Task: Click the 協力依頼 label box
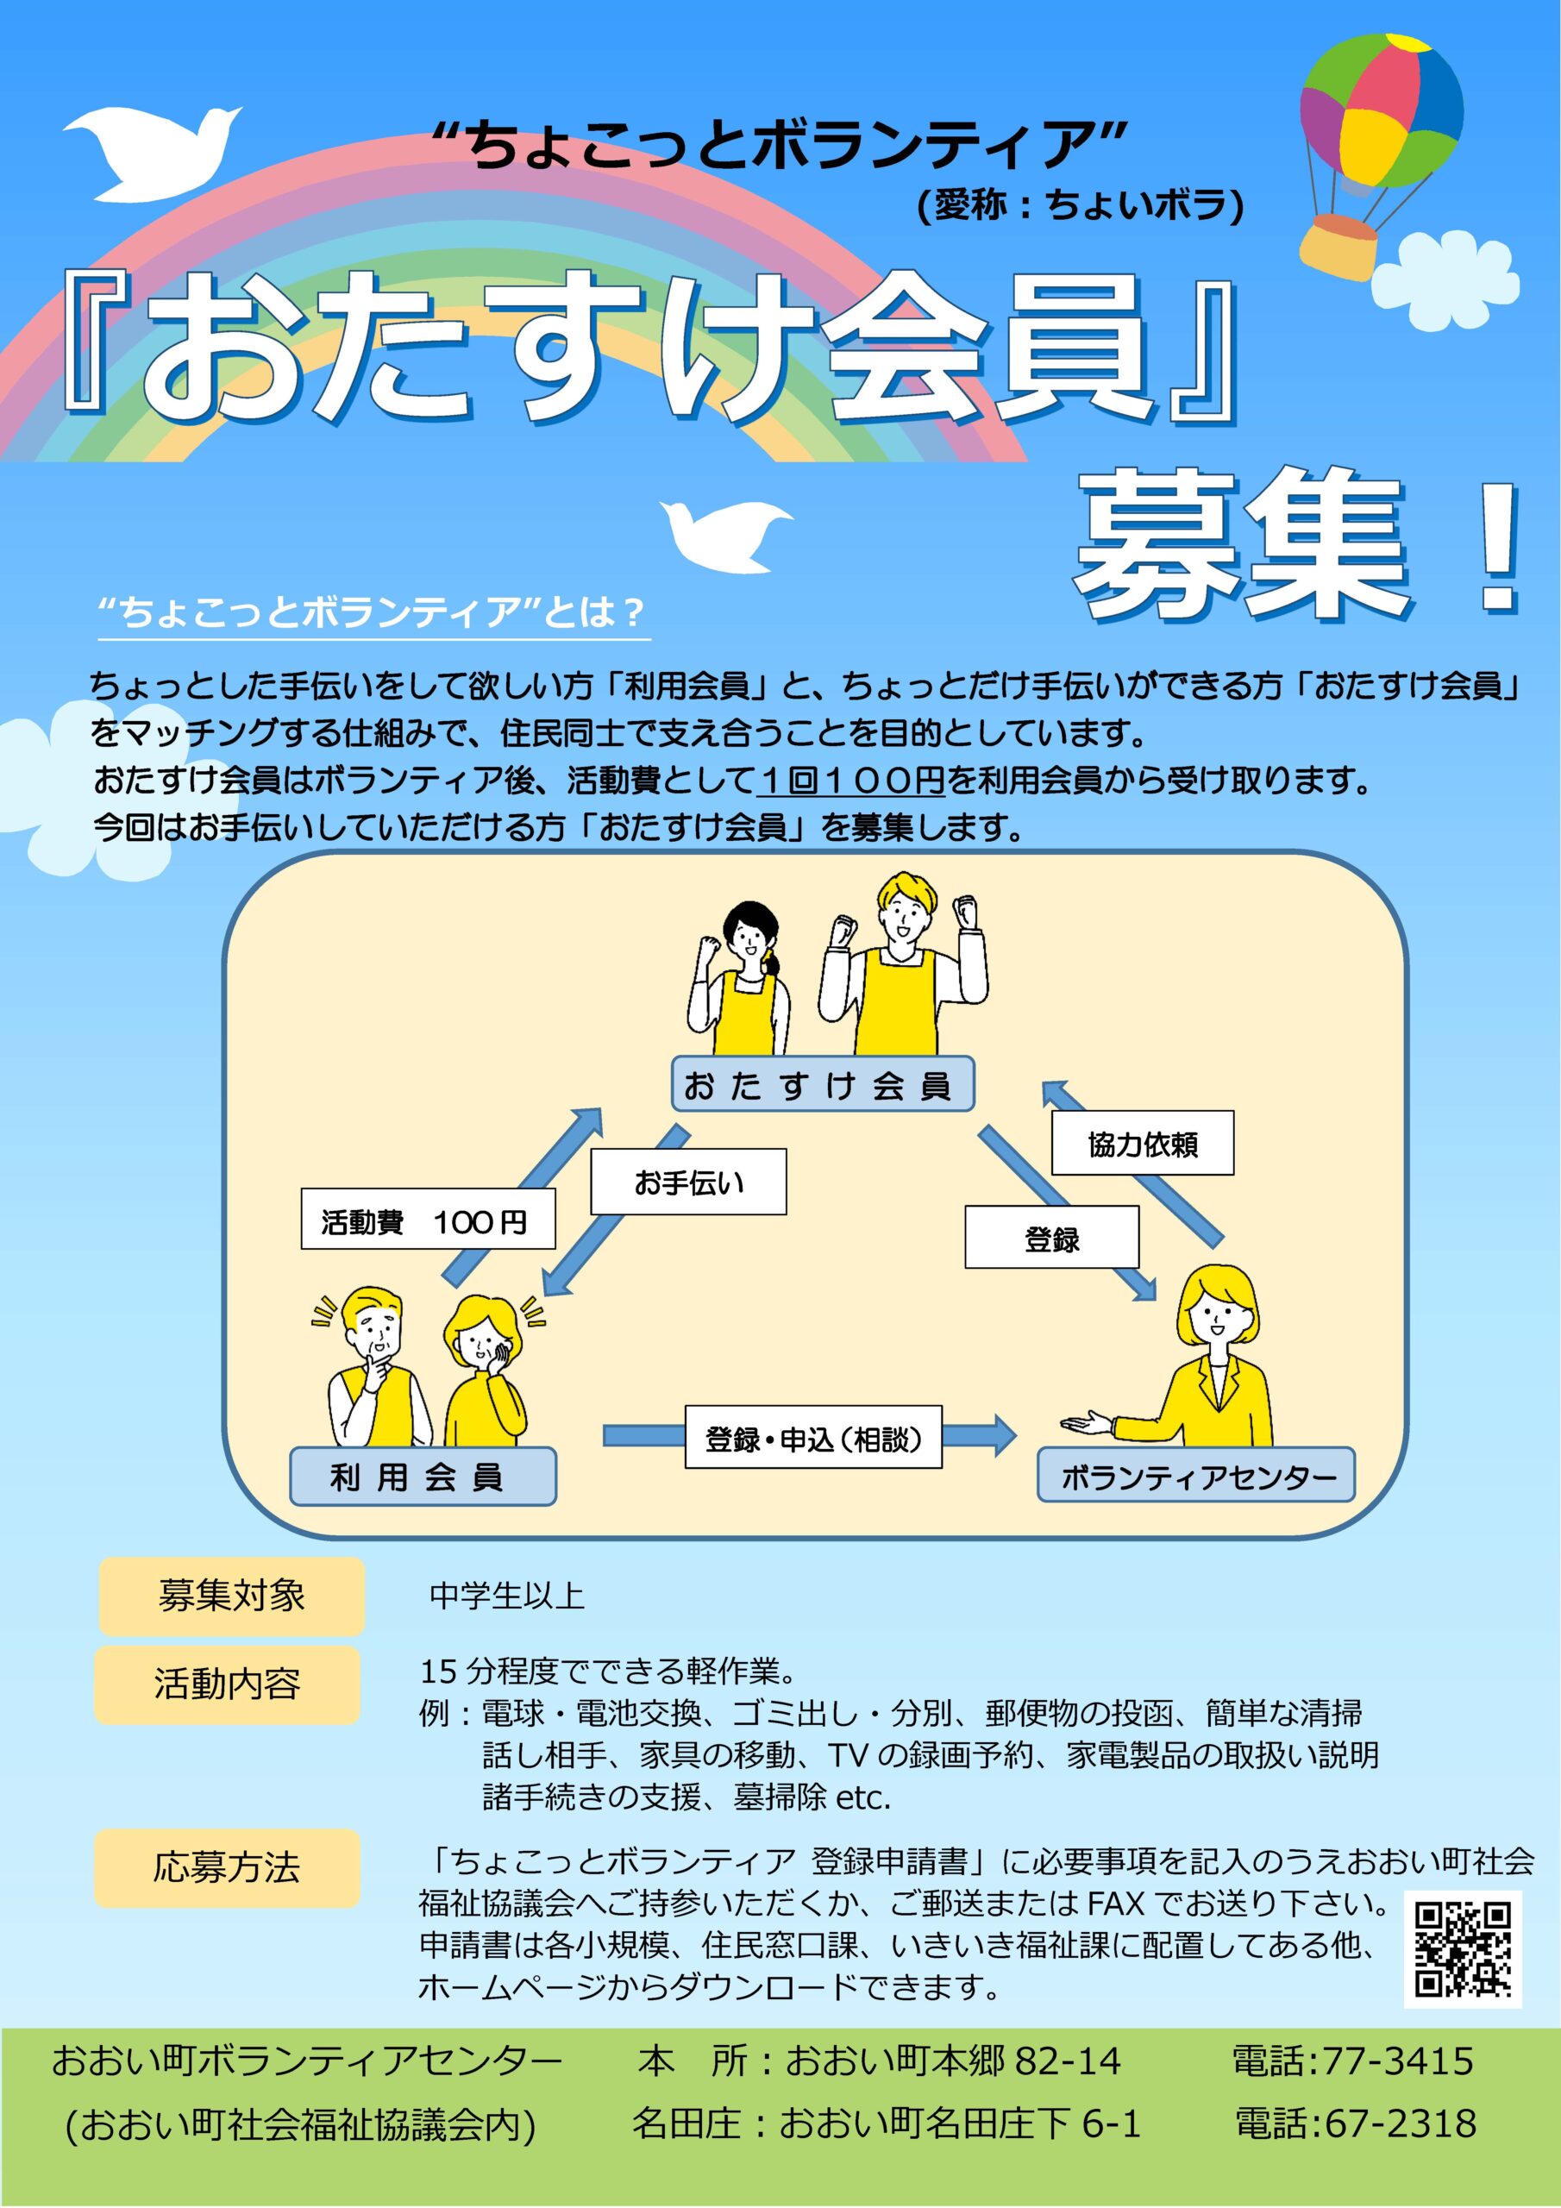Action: [1142, 1144]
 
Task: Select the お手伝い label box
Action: [687, 1182]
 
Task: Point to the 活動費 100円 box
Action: [428, 1220]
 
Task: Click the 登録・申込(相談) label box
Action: [812, 1437]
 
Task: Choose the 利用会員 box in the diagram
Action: [423, 1476]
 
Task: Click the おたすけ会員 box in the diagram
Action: [823, 1084]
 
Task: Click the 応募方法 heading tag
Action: [227, 1868]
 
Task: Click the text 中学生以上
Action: [507, 1596]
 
